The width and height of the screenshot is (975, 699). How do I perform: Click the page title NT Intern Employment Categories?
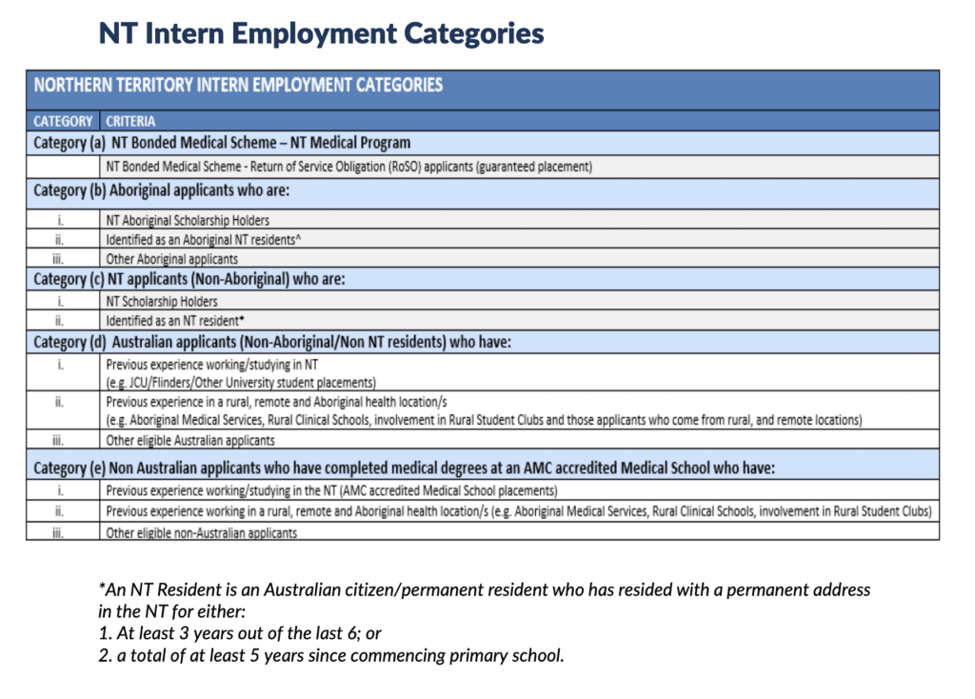point(321,33)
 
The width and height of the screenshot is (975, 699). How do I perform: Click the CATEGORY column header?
point(63,122)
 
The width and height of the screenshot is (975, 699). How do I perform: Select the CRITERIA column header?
point(130,122)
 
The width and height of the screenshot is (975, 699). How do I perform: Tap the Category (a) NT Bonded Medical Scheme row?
point(222,143)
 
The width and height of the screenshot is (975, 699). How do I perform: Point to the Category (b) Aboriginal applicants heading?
point(161,190)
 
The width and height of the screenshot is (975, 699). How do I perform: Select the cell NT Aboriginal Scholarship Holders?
point(188,220)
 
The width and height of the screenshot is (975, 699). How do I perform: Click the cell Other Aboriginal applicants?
point(171,258)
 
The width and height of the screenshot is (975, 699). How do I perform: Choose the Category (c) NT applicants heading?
point(189,279)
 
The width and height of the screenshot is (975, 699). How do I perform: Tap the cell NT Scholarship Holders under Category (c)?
point(161,301)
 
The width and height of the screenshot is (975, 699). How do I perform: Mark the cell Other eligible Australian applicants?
point(190,440)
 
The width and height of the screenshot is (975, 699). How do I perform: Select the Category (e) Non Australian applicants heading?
point(404,468)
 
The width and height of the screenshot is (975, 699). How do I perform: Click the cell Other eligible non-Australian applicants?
point(201,532)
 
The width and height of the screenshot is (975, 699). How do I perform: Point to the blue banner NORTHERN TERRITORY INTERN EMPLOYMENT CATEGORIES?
point(238,85)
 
